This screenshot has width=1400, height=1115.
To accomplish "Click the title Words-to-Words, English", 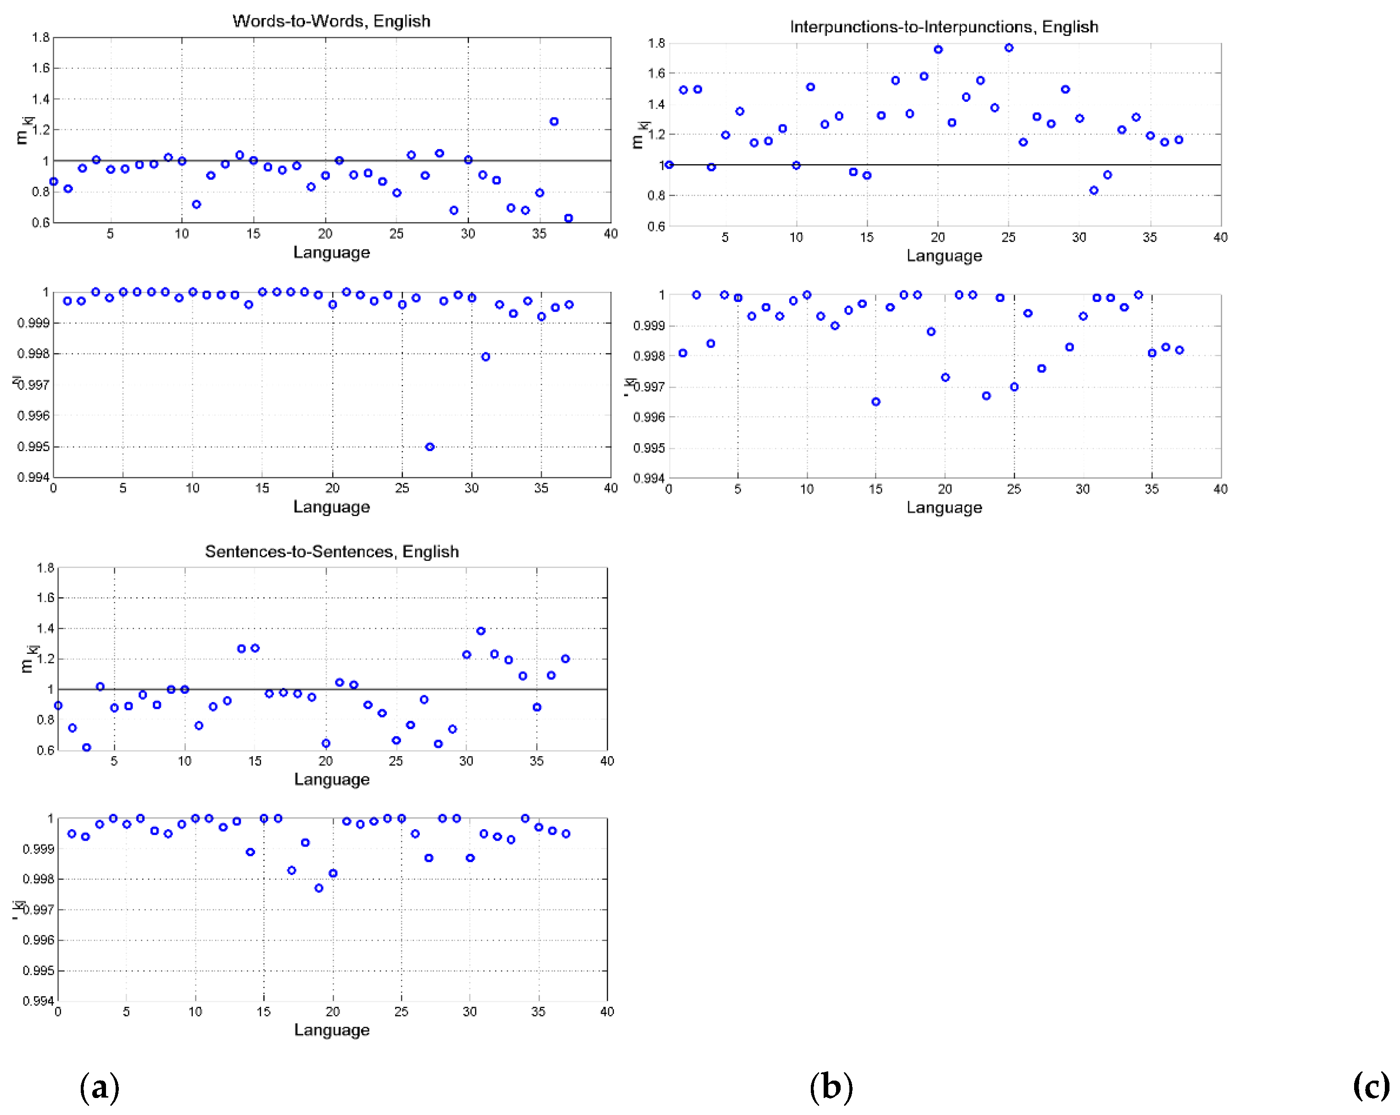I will [331, 21].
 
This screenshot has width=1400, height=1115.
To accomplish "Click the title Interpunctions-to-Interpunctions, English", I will [943, 27].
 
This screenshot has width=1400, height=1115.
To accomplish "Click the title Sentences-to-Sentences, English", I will [332, 552].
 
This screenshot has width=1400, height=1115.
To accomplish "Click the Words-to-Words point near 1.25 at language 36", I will [554, 122].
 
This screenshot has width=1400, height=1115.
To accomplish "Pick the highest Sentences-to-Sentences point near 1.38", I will [480, 630].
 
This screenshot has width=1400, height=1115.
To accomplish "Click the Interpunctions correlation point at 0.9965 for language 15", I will [876, 402].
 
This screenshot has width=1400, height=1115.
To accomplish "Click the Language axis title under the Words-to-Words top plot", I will [331, 252].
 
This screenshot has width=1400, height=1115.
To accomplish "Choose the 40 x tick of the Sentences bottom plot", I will [607, 1011].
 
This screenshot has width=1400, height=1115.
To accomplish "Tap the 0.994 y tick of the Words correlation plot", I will [33, 477].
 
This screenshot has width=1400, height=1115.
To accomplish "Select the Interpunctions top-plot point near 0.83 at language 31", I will [1093, 190].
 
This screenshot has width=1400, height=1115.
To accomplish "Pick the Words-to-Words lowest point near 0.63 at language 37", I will [568, 218].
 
